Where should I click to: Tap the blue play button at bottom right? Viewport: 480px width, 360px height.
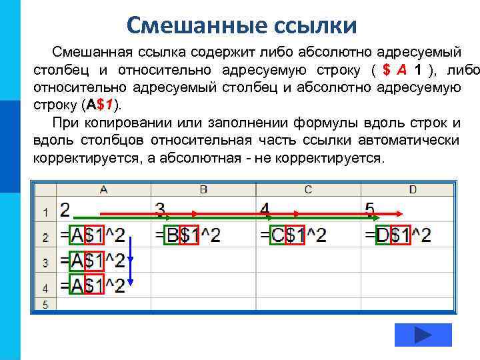423,335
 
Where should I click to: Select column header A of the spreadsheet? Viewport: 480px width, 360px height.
104,190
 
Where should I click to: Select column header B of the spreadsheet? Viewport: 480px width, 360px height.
203,190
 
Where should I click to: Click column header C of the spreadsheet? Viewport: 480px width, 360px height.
308,190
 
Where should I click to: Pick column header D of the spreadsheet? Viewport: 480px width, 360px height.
413,190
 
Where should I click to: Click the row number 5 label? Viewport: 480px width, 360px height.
45,305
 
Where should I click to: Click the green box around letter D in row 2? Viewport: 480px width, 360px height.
383,235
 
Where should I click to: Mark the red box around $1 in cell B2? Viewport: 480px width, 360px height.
190,235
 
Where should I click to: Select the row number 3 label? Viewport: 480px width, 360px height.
45,262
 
